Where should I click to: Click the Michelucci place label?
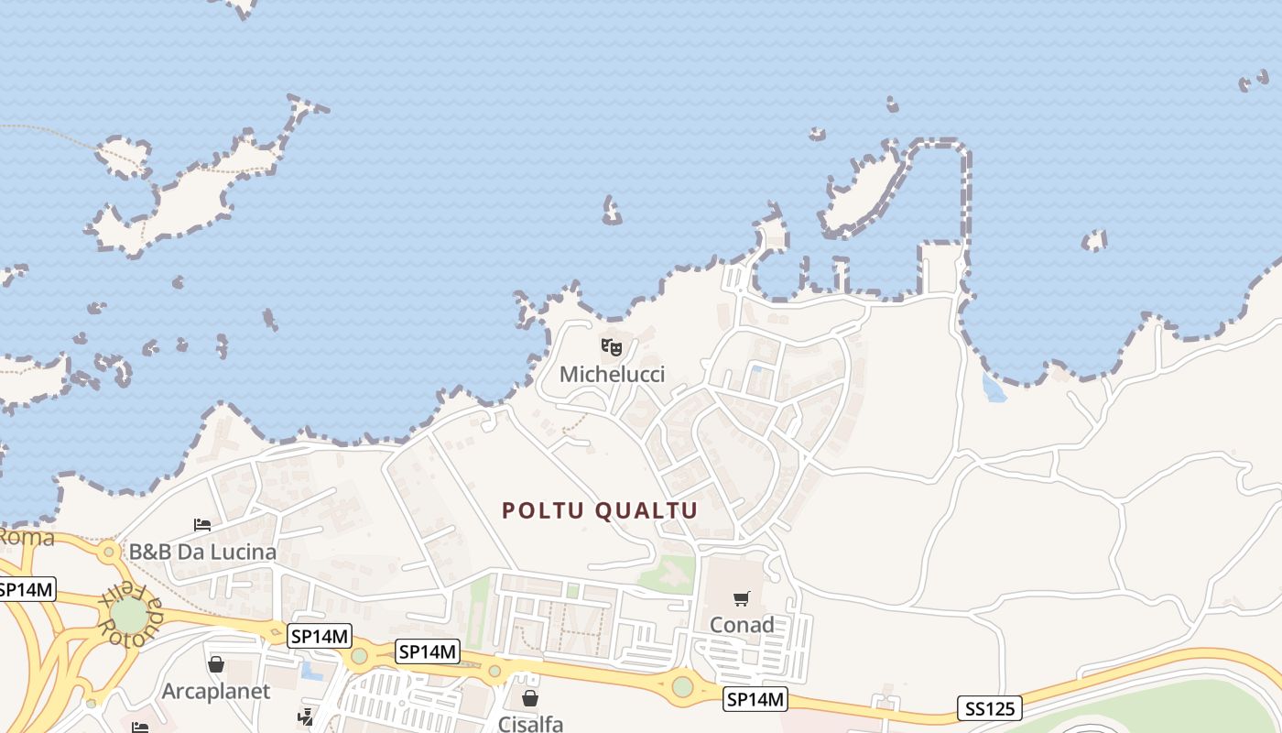[x=612, y=374]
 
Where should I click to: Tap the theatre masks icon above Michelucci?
[x=612, y=346]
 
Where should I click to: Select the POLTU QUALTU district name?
[x=600, y=510]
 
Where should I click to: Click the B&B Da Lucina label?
[x=202, y=552]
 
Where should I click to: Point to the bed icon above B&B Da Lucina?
[x=202, y=525]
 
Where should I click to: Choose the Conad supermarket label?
[x=742, y=625]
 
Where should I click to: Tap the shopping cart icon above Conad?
[x=742, y=598]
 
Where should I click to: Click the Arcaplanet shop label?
[x=216, y=691]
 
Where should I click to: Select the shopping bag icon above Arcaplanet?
[x=216, y=664]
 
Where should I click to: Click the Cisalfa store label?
[x=530, y=724]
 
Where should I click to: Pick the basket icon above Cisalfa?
[x=530, y=698]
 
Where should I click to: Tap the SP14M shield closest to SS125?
[x=755, y=700]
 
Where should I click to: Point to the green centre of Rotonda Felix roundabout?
[x=129, y=615]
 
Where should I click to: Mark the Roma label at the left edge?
[x=26, y=537]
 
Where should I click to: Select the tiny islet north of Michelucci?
[x=611, y=212]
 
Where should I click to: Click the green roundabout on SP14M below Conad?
[x=682, y=686]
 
